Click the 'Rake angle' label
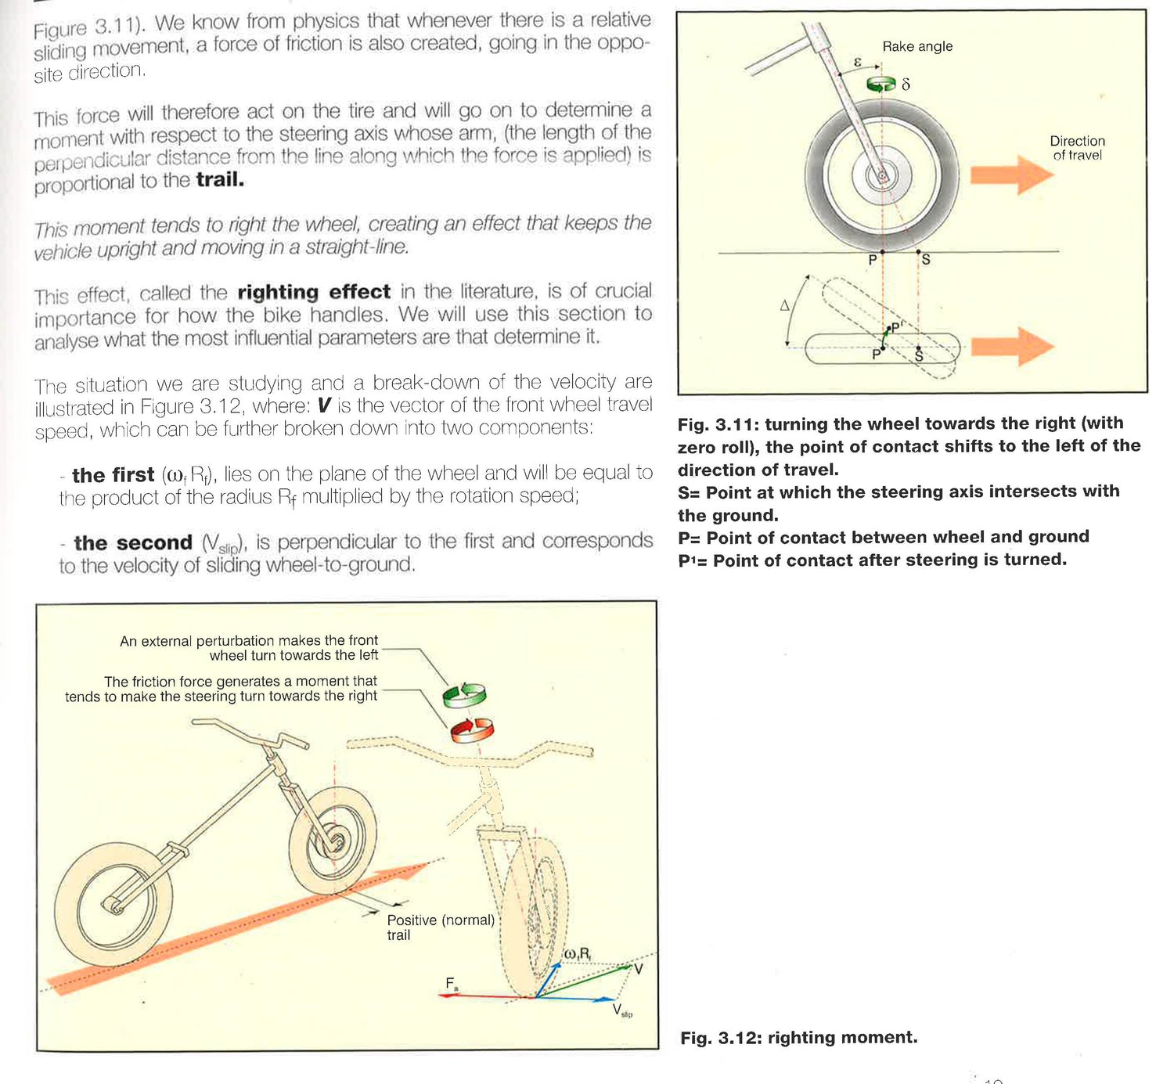click(917, 47)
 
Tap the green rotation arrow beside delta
click(880, 84)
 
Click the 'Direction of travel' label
click(1077, 148)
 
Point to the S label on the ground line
click(926, 260)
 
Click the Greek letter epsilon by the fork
click(857, 62)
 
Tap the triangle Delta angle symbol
click(785, 306)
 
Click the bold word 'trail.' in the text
click(220, 180)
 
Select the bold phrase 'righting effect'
click(313, 292)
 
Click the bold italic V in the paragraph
click(323, 406)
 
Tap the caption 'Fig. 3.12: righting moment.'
click(798, 1038)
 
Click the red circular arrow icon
click(471, 729)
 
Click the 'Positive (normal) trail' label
click(440, 927)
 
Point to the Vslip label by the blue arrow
click(621, 1010)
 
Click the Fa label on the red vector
click(452, 983)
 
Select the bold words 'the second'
click(133, 543)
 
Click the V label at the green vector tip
click(639, 970)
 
